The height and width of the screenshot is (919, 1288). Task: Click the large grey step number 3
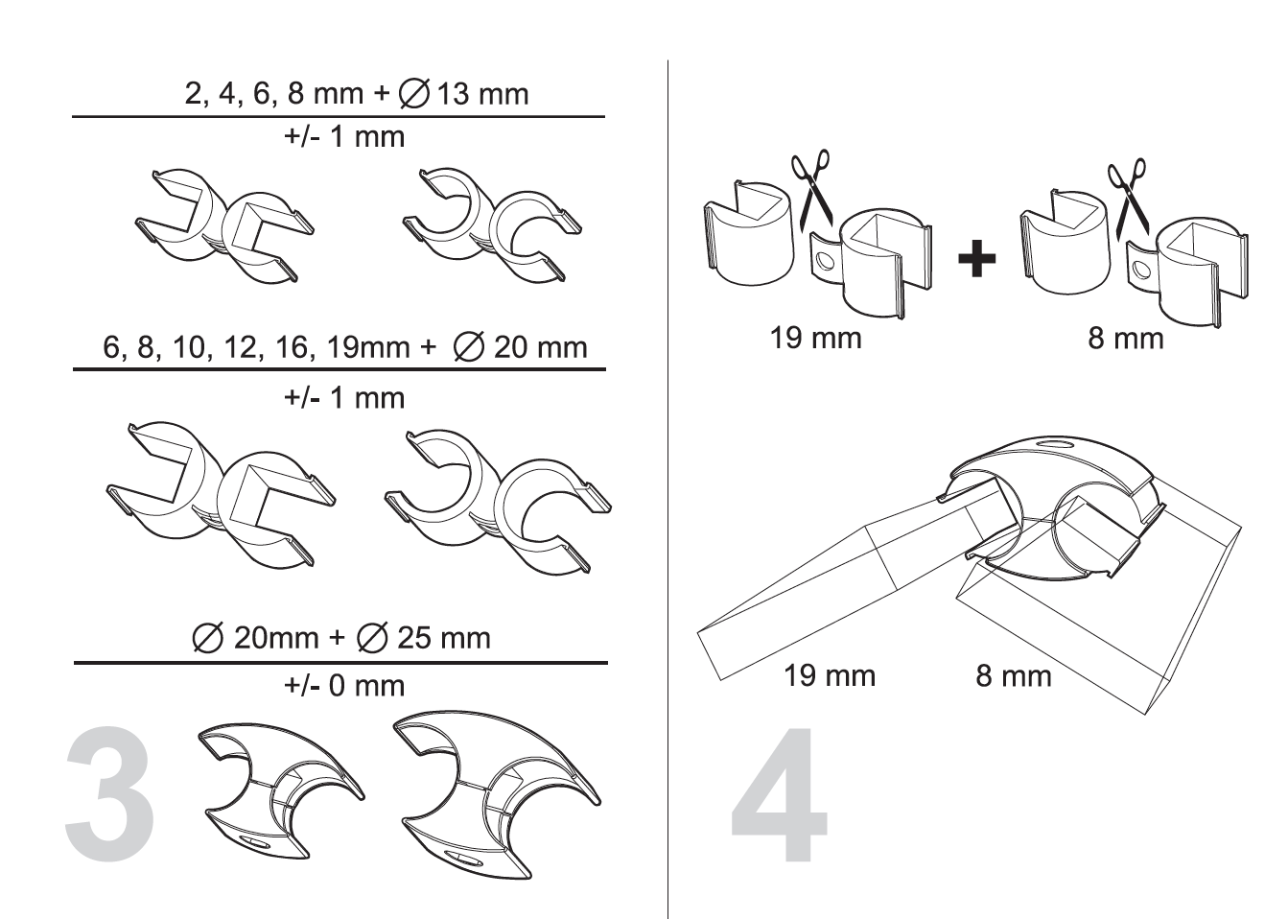pyautogui.click(x=109, y=793)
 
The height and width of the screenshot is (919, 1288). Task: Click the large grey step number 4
pyautogui.click(x=779, y=793)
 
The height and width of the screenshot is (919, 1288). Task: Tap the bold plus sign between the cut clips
pyautogui.click(x=976, y=259)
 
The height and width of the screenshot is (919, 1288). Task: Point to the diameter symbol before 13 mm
pyautogui.click(x=414, y=94)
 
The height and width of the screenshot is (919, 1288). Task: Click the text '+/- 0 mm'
pyautogui.click(x=344, y=685)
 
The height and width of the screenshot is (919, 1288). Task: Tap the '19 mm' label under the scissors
pyautogui.click(x=815, y=338)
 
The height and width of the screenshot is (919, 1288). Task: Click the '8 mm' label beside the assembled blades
pyautogui.click(x=1013, y=675)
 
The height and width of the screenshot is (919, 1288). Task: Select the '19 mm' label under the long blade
pyautogui.click(x=830, y=675)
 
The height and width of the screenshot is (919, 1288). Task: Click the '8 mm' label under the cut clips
pyautogui.click(x=1125, y=339)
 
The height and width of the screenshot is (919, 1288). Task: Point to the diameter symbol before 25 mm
pyautogui.click(x=372, y=637)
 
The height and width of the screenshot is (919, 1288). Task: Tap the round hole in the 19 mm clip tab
pyautogui.click(x=825, y=262)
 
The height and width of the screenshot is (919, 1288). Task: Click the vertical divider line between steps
pyautogui.click(x=667, y=489)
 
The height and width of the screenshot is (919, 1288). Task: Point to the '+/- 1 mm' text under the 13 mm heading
pyautogui.click(x=344, y=137)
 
